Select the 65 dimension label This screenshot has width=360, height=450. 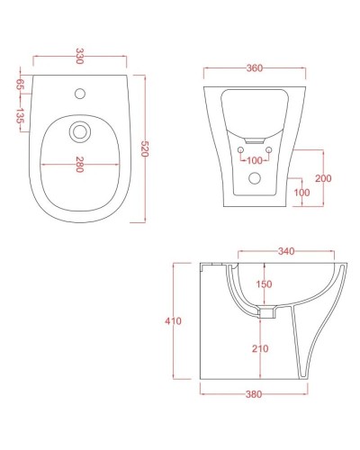[x=20, y=85]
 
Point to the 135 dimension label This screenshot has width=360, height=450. [x=20, y=115]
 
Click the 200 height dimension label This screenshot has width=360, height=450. [x=322, y=179]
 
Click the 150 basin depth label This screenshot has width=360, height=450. [x=264, y=285]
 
